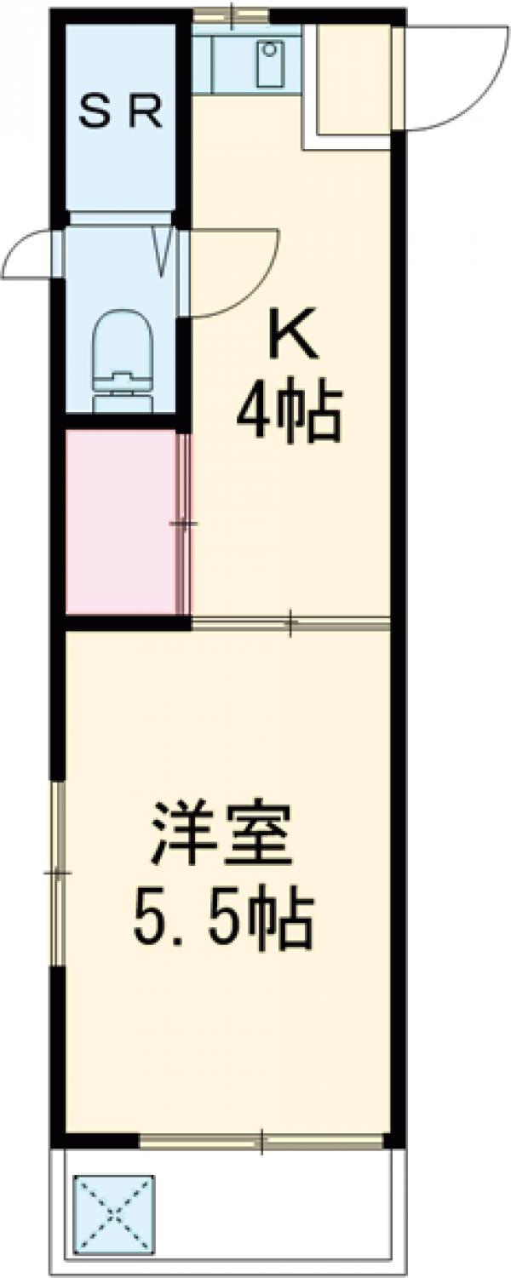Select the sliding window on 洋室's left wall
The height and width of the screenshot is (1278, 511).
(x=58, y=874)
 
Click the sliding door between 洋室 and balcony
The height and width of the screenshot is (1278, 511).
(x=261, y=1140)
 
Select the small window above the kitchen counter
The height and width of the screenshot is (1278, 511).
(x=231, y=14)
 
